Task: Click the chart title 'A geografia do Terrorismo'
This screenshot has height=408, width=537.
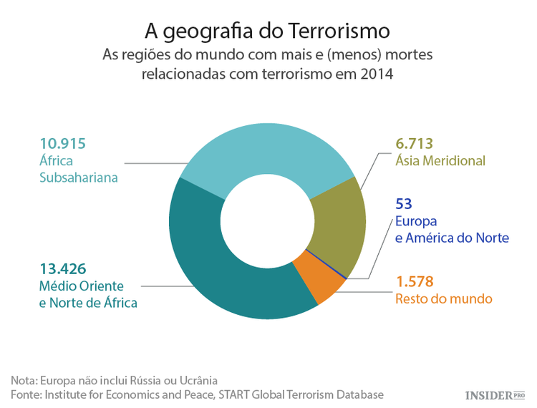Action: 268,31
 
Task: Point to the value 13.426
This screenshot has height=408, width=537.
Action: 62,269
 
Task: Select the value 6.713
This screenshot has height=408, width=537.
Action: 415,142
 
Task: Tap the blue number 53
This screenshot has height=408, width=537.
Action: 404,203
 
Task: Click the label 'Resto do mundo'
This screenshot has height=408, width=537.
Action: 444,298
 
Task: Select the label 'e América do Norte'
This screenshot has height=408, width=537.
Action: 452,238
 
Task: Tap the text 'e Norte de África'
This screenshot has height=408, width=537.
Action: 88,303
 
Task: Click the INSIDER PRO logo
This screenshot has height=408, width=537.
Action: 495,395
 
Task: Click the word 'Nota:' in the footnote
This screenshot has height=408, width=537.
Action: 24,379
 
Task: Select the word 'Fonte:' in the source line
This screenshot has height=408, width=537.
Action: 26,394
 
